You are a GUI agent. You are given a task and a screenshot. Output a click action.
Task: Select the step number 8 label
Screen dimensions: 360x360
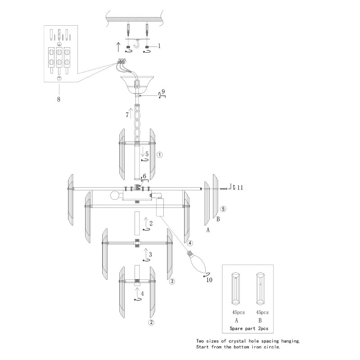pyautogui.click(x=58, y=99)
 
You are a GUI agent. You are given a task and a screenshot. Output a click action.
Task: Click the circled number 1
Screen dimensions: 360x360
pyautogui.click(x=159, y=155)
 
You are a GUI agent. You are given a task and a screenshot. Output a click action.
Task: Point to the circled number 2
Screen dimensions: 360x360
pyautogui.click(x=151, y=322)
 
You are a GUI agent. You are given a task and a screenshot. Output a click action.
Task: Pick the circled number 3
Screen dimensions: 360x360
pyautogui.click(x=172, y=281)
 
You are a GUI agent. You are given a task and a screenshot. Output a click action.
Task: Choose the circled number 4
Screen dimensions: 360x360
pyautogui.click(x=189, y=243)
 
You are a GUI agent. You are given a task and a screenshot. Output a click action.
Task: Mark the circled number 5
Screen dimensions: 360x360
pyautogui.click(x=223, y=209)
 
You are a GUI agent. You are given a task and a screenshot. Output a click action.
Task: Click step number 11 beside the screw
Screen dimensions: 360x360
pyautogui.click(x=240, y=188)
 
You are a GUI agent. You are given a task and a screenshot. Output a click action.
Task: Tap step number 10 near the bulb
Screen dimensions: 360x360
pyautogui.click(x=209, y=280)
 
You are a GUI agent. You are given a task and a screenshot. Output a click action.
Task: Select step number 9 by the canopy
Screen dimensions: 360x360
pyautogui.click(x=163, y=91)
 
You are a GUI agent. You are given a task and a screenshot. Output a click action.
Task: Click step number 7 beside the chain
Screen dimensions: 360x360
pyautogui.click(x=127, y=115)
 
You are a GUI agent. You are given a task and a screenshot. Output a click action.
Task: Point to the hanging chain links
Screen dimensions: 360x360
pyautogui.click(x=137, y=124)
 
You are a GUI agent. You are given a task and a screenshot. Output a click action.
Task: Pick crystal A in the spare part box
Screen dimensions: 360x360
pyautogui.click(x=236, y=288)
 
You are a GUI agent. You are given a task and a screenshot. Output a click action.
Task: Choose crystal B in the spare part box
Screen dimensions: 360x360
pyautogui.click(x=261, y=288)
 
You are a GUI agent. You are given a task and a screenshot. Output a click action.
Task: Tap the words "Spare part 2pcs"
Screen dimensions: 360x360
pyautogui.click(x=249, y=328)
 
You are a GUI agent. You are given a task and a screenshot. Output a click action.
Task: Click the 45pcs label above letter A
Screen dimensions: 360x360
pyautogui.click(x=238, y=312)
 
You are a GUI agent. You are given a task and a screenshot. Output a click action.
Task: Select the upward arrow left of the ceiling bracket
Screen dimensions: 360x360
pyautogui.click(x=118, y=47)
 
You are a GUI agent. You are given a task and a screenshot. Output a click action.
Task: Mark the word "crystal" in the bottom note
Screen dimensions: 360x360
pyautogui.click(x=237, y=341)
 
